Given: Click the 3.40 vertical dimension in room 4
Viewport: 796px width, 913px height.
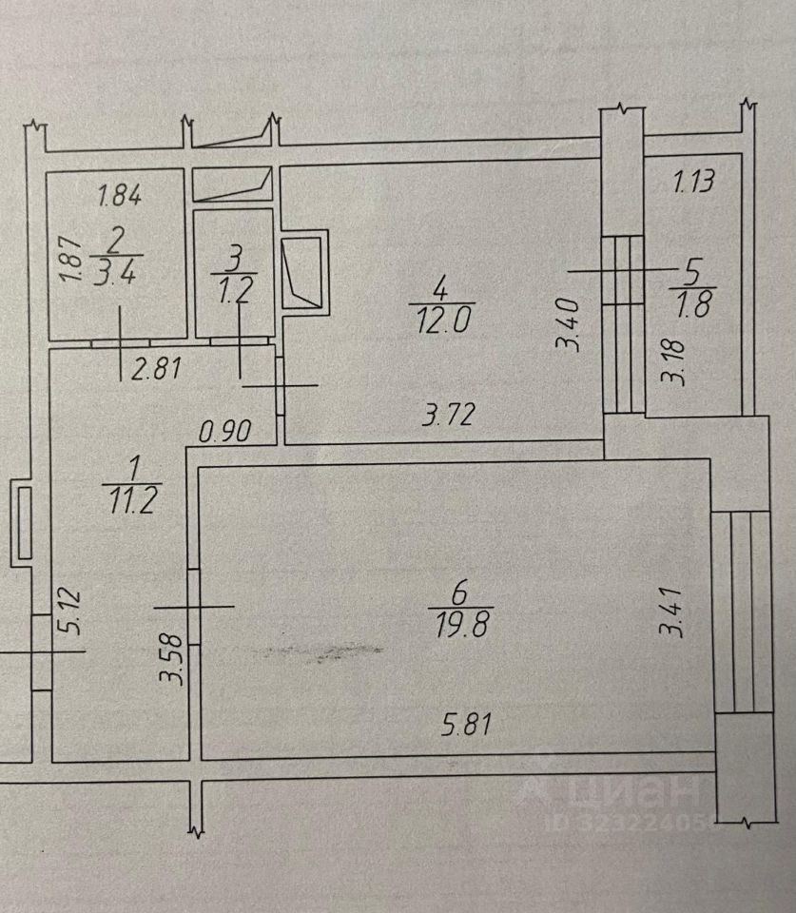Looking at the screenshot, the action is click(x=572, y=326).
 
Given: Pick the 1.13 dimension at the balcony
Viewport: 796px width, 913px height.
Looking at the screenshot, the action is click(x=693, y=181).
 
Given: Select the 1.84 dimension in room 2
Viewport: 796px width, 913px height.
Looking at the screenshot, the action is click(x=121, y=197).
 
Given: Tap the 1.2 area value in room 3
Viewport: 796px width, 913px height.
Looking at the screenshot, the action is click(x=235, y=288).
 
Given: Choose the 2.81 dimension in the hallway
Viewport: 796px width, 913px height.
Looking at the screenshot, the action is click(x=156, y=369).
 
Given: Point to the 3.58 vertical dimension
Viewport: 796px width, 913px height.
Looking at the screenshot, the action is click(x=173, y=663).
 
